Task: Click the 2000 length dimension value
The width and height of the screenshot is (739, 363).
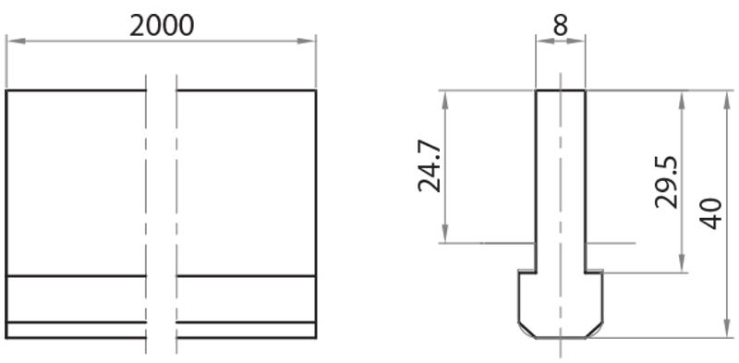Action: click(x=162, y=25)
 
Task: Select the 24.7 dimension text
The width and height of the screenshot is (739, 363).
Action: click(x=428, y=166)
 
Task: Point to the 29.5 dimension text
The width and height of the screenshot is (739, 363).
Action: click(x=666, y=181)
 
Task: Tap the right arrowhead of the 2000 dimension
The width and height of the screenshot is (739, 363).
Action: click(x=310, y=41)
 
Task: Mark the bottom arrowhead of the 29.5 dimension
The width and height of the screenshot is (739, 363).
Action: click(x=683, y=267)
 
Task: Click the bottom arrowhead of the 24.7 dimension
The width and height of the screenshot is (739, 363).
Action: click(x=445, y=237)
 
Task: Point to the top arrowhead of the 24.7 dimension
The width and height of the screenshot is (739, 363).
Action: click(x=445, y=95)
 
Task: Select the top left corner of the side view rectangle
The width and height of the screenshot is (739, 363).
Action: click(x=6, y=91)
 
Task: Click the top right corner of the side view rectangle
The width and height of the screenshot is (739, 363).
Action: click(x=316, y=91)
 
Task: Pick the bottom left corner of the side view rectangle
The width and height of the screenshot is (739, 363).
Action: click(x=6, y=337)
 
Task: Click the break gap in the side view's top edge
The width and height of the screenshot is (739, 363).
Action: click(x=161, y=91)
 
